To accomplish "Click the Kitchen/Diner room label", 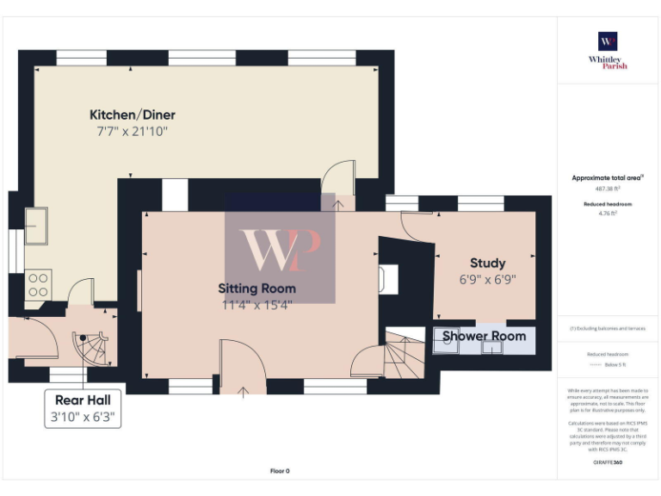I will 133,115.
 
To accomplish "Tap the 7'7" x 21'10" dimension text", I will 133,132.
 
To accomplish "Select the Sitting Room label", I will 256,288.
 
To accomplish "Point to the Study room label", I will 487,263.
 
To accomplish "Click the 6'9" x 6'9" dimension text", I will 487,279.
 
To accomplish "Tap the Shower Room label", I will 484,336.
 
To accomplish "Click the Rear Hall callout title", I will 83,400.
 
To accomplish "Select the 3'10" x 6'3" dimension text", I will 83,417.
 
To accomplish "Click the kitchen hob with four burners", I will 38,283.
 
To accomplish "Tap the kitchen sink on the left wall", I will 36,226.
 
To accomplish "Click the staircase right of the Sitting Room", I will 403,350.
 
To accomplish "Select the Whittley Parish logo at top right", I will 608,49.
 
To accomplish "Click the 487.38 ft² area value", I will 608,188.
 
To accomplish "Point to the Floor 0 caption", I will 280,471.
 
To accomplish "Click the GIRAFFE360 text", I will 608,463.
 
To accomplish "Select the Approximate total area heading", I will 608,178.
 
